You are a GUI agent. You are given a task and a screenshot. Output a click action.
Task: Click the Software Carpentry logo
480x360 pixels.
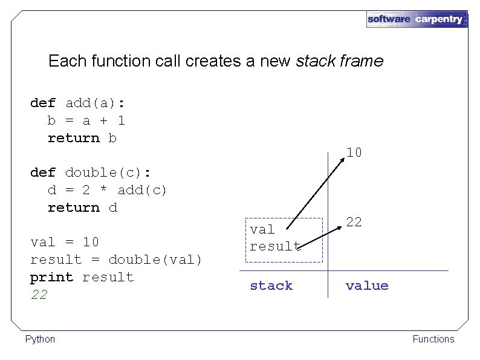tap(417, 19)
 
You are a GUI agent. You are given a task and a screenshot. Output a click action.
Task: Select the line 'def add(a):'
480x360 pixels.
tap(78, 103)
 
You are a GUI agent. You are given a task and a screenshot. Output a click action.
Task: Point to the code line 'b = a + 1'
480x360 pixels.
tap(86, 120)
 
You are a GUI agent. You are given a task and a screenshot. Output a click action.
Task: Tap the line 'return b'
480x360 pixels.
tap(82, 138)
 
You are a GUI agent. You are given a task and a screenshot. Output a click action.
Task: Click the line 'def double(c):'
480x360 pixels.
tap(91, 172)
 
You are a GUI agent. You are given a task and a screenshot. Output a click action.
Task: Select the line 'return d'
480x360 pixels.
tap(82, 208)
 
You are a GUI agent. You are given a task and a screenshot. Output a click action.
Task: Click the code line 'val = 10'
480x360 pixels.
tap(65, 242)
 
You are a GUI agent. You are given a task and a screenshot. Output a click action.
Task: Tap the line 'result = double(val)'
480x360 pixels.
tap(116, 260)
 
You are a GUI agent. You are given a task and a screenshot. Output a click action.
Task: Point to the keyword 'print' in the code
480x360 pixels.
tap(52, 277)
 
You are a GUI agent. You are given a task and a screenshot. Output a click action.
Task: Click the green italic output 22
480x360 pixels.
tap(39, 295)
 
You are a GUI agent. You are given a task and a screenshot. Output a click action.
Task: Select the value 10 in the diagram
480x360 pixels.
tap(354, 152)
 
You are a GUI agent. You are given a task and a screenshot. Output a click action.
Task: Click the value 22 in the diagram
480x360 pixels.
tap(354, 222)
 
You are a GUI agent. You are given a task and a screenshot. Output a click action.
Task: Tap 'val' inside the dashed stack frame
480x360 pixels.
tap(262, 229)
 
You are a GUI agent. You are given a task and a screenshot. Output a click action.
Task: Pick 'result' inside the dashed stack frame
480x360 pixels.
tap(275, 246)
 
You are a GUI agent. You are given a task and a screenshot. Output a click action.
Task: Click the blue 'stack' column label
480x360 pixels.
tap(271, 286)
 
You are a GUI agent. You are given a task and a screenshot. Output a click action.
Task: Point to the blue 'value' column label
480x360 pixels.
tap(367, 286)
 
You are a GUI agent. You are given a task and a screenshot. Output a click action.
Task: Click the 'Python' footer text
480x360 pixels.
tap(40, 339)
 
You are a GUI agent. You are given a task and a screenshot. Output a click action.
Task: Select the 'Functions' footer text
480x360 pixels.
tap(433, 339)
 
